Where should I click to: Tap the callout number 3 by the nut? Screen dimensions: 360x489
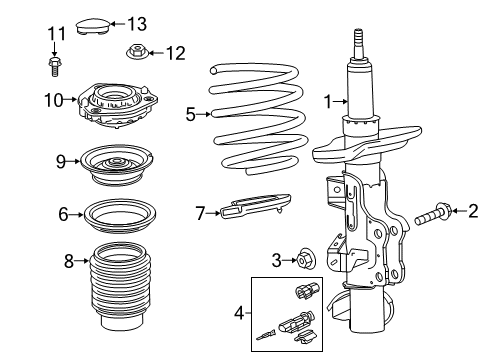[x=276, y=260]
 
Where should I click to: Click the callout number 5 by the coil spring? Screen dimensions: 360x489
[x=190, y=114]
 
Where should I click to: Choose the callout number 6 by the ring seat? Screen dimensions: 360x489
[x=63, y=213]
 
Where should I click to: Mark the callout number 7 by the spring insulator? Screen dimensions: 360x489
[x=200, y=211]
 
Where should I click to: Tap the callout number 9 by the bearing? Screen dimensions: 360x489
[x=61, y=160]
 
